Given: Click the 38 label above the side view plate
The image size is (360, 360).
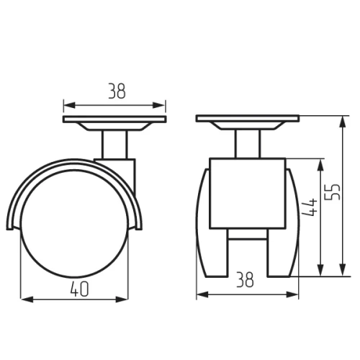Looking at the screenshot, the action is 117,91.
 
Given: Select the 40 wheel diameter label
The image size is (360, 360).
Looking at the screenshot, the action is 80,289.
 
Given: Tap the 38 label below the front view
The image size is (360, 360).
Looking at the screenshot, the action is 245,279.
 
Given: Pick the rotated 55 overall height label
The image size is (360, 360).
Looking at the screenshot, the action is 333,192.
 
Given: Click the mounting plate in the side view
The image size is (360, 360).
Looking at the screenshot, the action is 114,120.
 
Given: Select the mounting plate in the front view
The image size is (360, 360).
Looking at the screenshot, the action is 248,118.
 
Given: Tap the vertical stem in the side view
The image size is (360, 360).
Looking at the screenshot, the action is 114,145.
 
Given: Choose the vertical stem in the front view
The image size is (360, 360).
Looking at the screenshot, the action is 248,144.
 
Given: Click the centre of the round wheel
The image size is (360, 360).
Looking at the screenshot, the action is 74,223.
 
